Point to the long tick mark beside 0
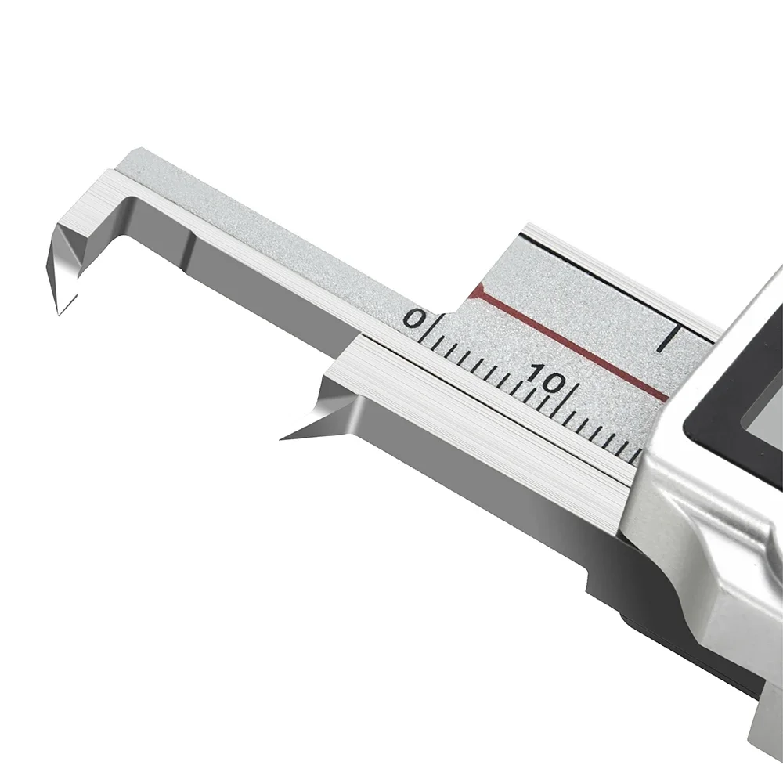point(424,330)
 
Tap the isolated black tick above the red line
point(668,338)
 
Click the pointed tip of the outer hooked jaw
point(60,315)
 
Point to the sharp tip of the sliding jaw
point(280,439)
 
